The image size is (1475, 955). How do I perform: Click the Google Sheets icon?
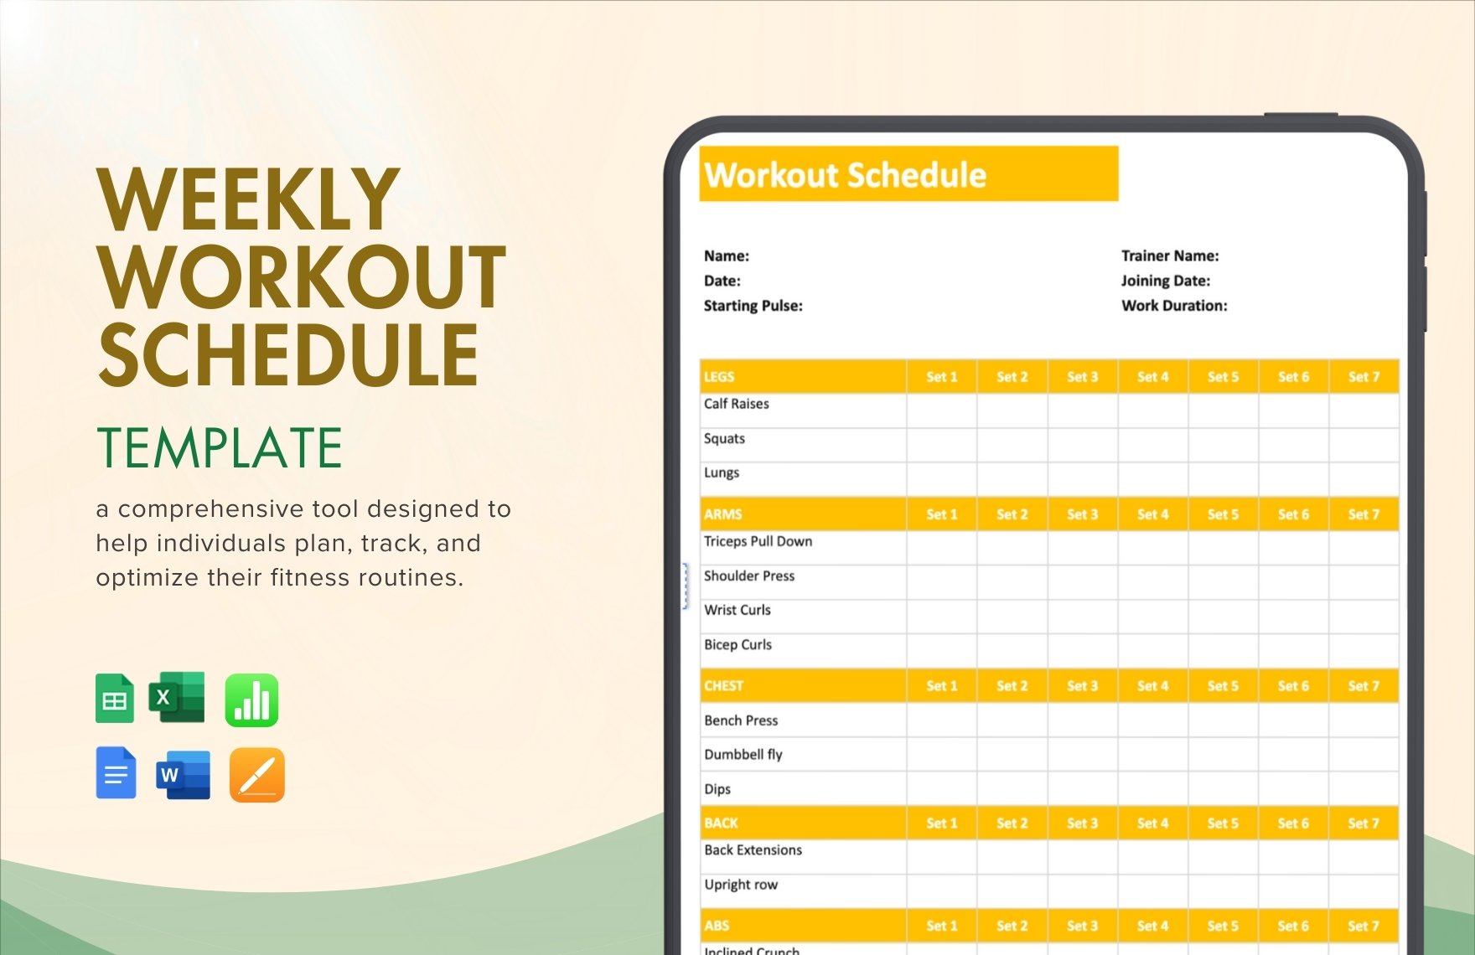click(x=115, y=699)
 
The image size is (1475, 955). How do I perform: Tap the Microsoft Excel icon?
click(x=177, y=697)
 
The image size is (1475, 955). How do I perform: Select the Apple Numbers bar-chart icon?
click(x=251, y=699)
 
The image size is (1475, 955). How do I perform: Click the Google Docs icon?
click(x=116, y=772)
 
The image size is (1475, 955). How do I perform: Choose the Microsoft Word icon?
click(x=183, y=775)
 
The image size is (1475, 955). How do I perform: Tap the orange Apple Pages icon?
click(x=257, y=775)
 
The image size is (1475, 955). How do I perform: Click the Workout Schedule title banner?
click(x=908, y=174)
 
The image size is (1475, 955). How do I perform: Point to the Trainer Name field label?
click(x=1170, y=256)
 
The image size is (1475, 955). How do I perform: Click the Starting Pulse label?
click(x=753, y=306)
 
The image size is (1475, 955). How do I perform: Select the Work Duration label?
click(x=1174, y=306)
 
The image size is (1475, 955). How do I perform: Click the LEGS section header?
click(x=719, y=377)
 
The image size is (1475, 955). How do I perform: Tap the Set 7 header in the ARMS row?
click(x=1364, y=514)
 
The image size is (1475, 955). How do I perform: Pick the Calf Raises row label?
click(x=736, y=404)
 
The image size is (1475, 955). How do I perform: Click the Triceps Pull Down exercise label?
click(x=758, y=541)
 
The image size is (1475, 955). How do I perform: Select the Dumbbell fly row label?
click(x=743, y=754)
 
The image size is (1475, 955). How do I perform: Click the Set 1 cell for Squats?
click(x=941, y=445)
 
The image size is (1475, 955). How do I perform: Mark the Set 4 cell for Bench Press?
click(x=1152, y=720)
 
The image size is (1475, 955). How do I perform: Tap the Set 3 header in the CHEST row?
click(x=1082, y=686)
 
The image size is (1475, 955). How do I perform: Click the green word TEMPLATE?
click(x=220, y=447)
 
